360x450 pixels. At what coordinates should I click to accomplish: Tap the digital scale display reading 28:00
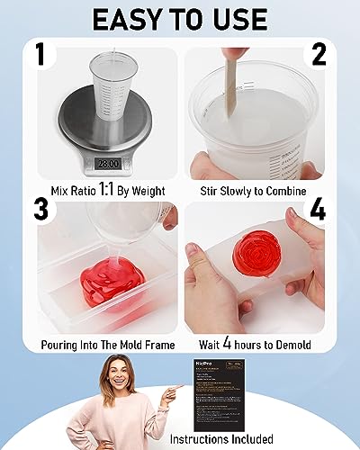[109, 165]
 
